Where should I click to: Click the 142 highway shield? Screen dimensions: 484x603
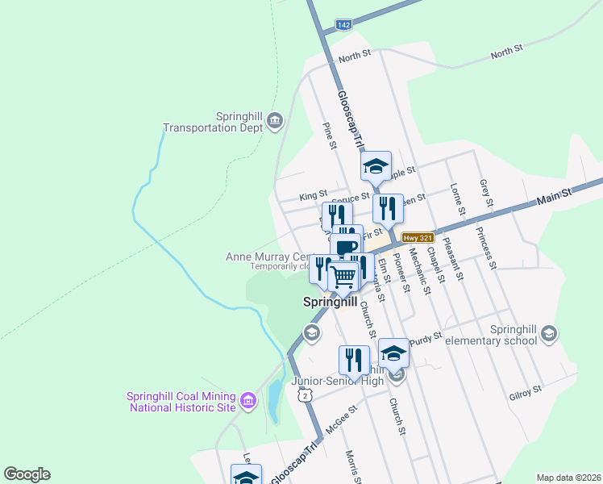pyautogui.click(x=344, y=26)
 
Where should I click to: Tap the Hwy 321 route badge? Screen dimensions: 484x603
pyautogui.click(x=417, y=237)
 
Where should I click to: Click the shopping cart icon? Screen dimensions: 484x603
pyautogui.click(x=344, y=277)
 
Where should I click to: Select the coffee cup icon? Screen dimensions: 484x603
pyautogui.click(x=347, y=248)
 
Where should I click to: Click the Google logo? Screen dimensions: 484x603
pyautogui.click(x=27, y=474)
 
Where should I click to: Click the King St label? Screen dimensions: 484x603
pyautogui.click(x=313, y=195)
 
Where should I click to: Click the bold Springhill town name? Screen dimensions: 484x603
pyautogui.click(x=329, y=302)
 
